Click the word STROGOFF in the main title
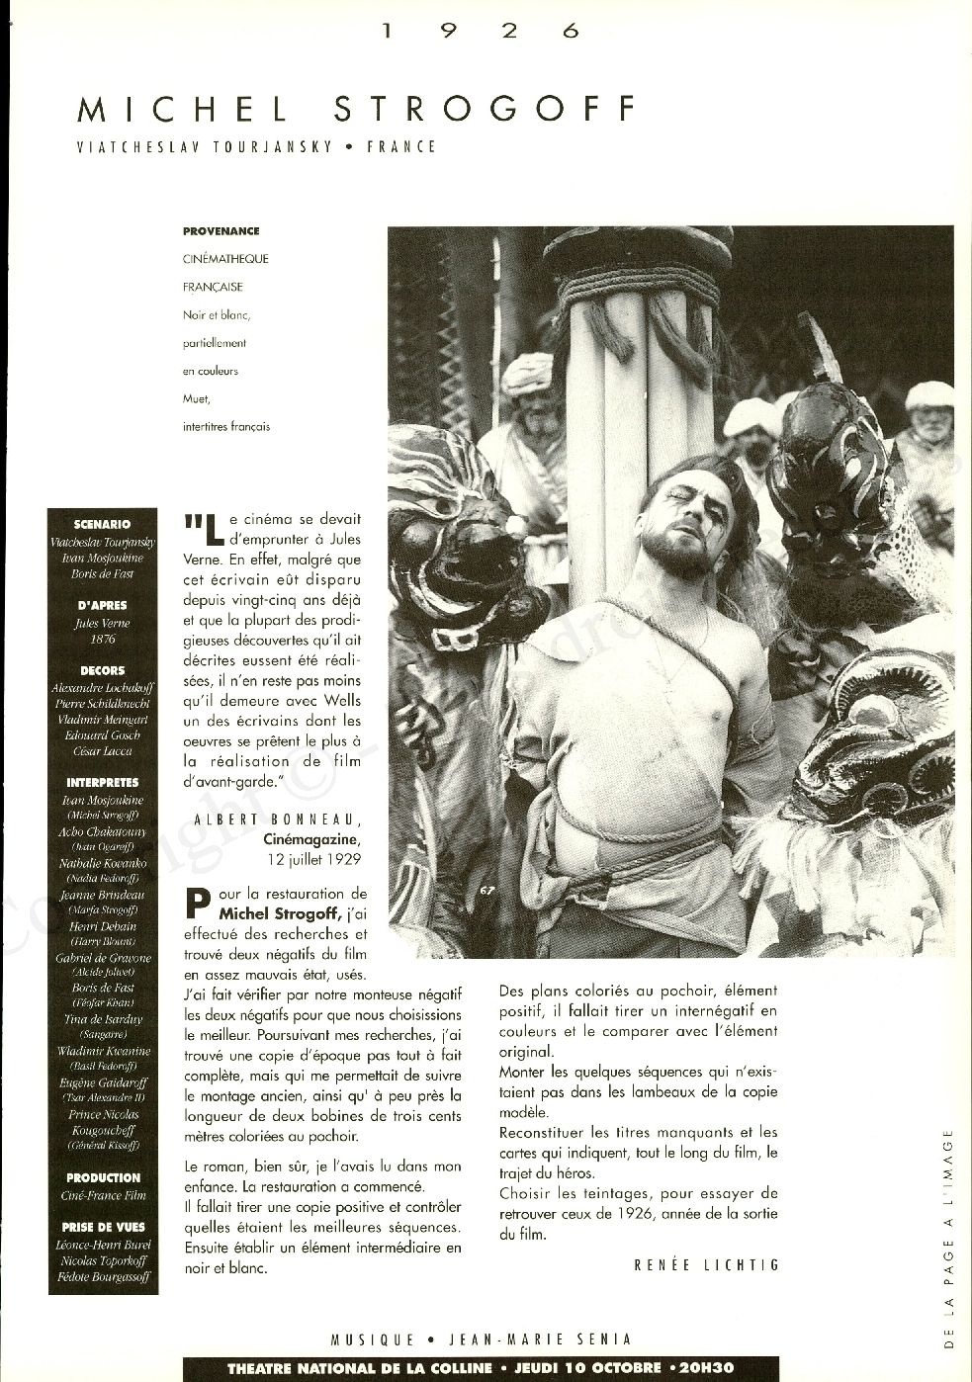coord(486,109)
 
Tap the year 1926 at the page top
coord(480,31)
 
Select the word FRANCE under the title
coord(401,147)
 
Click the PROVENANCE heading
coord(221,231)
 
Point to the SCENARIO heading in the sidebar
coord(102,524)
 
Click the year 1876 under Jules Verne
coord(102,639)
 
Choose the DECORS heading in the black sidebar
coord(102,670)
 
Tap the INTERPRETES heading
coord(102,782)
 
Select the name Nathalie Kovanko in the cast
coord(102,863)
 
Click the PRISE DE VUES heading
coord(103,1227)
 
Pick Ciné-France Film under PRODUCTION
coord(103,1195)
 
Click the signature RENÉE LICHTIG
coord(706,1265)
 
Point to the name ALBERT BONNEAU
coord(278,820)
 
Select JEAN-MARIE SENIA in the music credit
coord(540,1339)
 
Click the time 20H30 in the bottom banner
coord(707,1368)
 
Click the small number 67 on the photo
coord(486,891)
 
